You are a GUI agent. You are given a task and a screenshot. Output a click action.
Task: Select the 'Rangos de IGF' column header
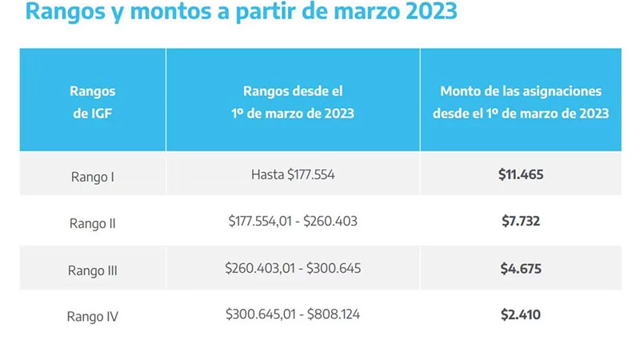click(93, 102)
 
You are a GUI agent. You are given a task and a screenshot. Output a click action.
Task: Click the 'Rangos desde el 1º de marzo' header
click(293, 102)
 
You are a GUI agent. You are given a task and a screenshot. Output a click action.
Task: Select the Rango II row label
click(93, 223)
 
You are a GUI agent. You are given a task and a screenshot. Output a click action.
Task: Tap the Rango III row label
click(93, 270)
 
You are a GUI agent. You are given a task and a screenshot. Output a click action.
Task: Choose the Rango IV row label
click(93, 316)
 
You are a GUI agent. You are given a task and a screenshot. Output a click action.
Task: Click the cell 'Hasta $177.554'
click(293, 174)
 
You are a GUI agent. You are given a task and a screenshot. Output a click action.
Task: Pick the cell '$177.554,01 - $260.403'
click(293, 221)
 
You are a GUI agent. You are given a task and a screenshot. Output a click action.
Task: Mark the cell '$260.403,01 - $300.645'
click(293, 268)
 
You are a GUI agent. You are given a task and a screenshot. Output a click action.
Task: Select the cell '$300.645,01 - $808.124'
click(293, 314)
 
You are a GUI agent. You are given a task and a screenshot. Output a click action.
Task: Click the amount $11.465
click(521, 174)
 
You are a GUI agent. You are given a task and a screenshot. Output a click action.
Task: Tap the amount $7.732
click(521, 221)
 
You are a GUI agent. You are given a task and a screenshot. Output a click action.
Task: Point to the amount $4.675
click(521, 268)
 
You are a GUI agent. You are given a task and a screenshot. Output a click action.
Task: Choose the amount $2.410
click(521, 314)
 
